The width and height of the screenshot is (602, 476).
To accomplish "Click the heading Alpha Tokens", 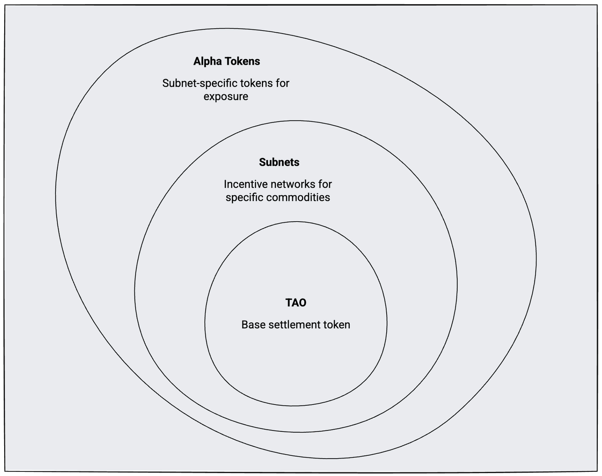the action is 227,61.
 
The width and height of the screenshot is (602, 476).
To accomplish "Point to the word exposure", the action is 226,96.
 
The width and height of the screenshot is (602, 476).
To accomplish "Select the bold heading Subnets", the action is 279,162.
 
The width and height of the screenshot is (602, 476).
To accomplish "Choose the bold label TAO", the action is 296,303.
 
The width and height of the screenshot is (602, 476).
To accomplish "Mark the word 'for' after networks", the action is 325,184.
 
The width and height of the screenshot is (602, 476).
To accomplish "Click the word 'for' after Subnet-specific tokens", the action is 283,83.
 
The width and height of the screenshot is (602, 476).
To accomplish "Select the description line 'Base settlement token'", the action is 296,325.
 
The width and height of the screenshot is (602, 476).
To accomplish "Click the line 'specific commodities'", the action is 278,197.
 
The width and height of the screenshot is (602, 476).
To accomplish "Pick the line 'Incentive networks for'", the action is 278,184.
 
